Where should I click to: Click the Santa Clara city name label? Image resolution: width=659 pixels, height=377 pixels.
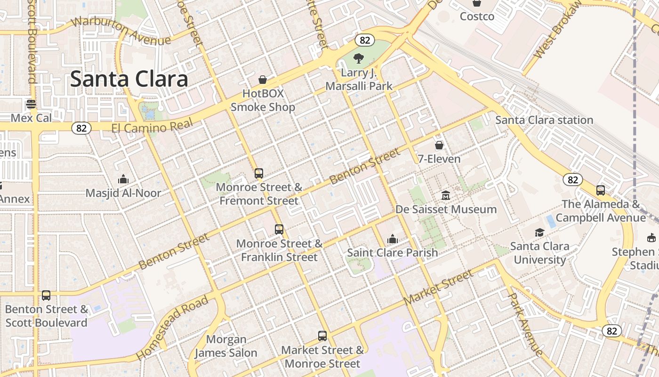click(x=129, y=79)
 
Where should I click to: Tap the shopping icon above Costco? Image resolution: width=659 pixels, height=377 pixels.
click(x=477, y=3)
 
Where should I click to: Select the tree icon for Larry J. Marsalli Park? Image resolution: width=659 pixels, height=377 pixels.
click(x=359, y=58)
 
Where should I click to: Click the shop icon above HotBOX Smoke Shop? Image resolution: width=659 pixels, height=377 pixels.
click(x=263, y=80)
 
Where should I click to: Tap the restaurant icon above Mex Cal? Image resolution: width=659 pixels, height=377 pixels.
click(x=31, y=104)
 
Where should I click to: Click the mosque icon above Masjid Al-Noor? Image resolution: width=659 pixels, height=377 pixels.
click(x=123, y=179)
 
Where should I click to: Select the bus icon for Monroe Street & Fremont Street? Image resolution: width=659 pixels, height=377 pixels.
click(x=259, y=173)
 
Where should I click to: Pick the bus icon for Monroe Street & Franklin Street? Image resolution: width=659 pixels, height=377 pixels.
click(x=279, y=229)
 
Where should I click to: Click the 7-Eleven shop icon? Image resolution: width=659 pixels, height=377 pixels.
click(x=439, y=145)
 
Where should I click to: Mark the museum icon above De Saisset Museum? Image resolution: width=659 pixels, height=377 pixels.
click(x=446, y=195)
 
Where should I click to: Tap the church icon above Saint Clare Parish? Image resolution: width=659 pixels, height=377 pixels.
click(x=392, y=239)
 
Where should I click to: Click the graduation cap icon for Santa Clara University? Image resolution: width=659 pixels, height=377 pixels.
click(x=539, y=232)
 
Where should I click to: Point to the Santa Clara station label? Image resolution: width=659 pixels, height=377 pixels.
click(x=544, y=120)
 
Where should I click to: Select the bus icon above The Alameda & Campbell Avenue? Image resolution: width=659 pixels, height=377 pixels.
click(x=601, y=190)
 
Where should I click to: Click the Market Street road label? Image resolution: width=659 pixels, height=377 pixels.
click(x=438, y=287)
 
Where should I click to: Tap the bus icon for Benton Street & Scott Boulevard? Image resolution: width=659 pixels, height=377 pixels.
click(x=46, y=295)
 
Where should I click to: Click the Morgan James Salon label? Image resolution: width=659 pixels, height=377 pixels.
click(x=226, y=346)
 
